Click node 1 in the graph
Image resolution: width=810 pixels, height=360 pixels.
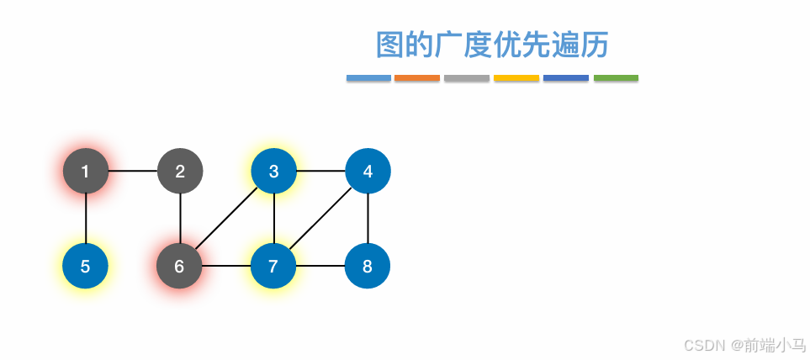[86, 172]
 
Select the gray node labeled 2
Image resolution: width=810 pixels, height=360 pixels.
[180, 172]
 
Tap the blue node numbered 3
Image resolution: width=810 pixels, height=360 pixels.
[273, 172]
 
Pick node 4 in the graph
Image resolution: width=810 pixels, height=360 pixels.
[368, 172]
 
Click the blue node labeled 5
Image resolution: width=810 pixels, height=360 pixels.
[86, 267]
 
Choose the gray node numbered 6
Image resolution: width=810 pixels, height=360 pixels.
[179, 267]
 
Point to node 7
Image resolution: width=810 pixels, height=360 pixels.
[273, 267]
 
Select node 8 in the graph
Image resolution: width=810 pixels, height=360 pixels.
[368, 267]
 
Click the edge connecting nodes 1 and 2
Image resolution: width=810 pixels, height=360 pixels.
[133, 172]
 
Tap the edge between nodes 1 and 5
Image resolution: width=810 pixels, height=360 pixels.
[86, 219]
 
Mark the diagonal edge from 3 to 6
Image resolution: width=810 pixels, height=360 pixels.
[226, 220]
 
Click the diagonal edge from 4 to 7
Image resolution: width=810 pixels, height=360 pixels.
[320, 220]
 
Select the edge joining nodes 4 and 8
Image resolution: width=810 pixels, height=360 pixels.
[368, 219]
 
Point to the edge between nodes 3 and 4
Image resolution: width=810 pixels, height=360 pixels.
[320, 172]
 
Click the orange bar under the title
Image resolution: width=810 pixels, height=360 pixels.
[417, 78]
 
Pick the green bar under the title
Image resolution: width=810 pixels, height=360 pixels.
[616, 78]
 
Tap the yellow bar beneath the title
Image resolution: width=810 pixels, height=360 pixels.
[516, 78]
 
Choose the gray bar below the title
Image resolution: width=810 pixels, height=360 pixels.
[467, 78]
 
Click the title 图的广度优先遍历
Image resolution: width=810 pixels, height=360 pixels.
[492, 45]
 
